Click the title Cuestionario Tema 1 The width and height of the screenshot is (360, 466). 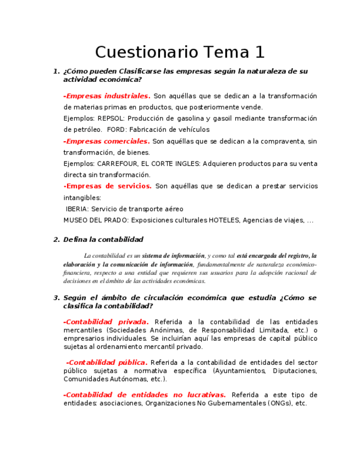pyautogui.click(x=180, y=52)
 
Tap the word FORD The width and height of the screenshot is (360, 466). pyautogui.click(x=116, y=130)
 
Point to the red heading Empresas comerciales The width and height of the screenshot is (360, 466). pyautogui.click(x=107, y=141)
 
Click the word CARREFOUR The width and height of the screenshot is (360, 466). pyautogui.click(x=118, y=164)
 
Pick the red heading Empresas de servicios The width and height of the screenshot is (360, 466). pyautogui.click(x=108, y=186)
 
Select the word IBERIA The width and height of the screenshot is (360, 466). pyautogui.click(x=77, y=209)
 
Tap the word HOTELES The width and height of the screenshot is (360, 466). pyautogui.click(x=224, y=220)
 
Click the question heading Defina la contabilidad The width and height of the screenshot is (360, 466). pyautogui.click(x=103, y=239)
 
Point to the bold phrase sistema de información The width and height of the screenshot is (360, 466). pyautogui.click(x=173, y=256)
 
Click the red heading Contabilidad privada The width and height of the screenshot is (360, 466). pyautogui.click(x=107, y=321)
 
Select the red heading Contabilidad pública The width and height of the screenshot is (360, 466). pyautogui.click(x=107, y=362)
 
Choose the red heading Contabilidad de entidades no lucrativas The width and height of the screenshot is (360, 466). pyautogui.click(x=145, y=395)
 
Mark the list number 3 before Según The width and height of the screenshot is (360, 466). pyautogui.click(x=56, y=298)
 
